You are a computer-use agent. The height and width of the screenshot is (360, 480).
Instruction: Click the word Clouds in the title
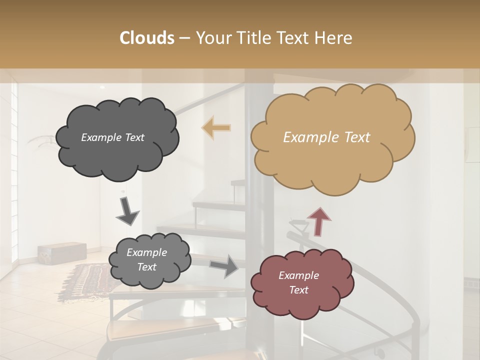(x=147, y=38)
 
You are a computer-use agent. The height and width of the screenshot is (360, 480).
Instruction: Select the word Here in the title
(x=334, y=38)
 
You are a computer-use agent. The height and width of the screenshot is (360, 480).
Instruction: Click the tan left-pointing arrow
(x=216, y=127)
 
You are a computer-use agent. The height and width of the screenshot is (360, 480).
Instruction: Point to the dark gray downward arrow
(x=127, y=211)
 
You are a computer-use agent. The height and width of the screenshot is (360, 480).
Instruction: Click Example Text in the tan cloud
(x=326, y=137)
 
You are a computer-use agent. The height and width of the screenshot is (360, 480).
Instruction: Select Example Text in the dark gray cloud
(x=112, y=137)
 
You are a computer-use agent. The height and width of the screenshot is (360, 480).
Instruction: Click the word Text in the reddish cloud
(x=298, y=290)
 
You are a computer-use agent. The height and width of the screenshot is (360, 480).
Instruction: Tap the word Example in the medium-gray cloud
(x=146, y=252)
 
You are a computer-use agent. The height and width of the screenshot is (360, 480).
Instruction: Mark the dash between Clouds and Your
(x=184, y=38)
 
